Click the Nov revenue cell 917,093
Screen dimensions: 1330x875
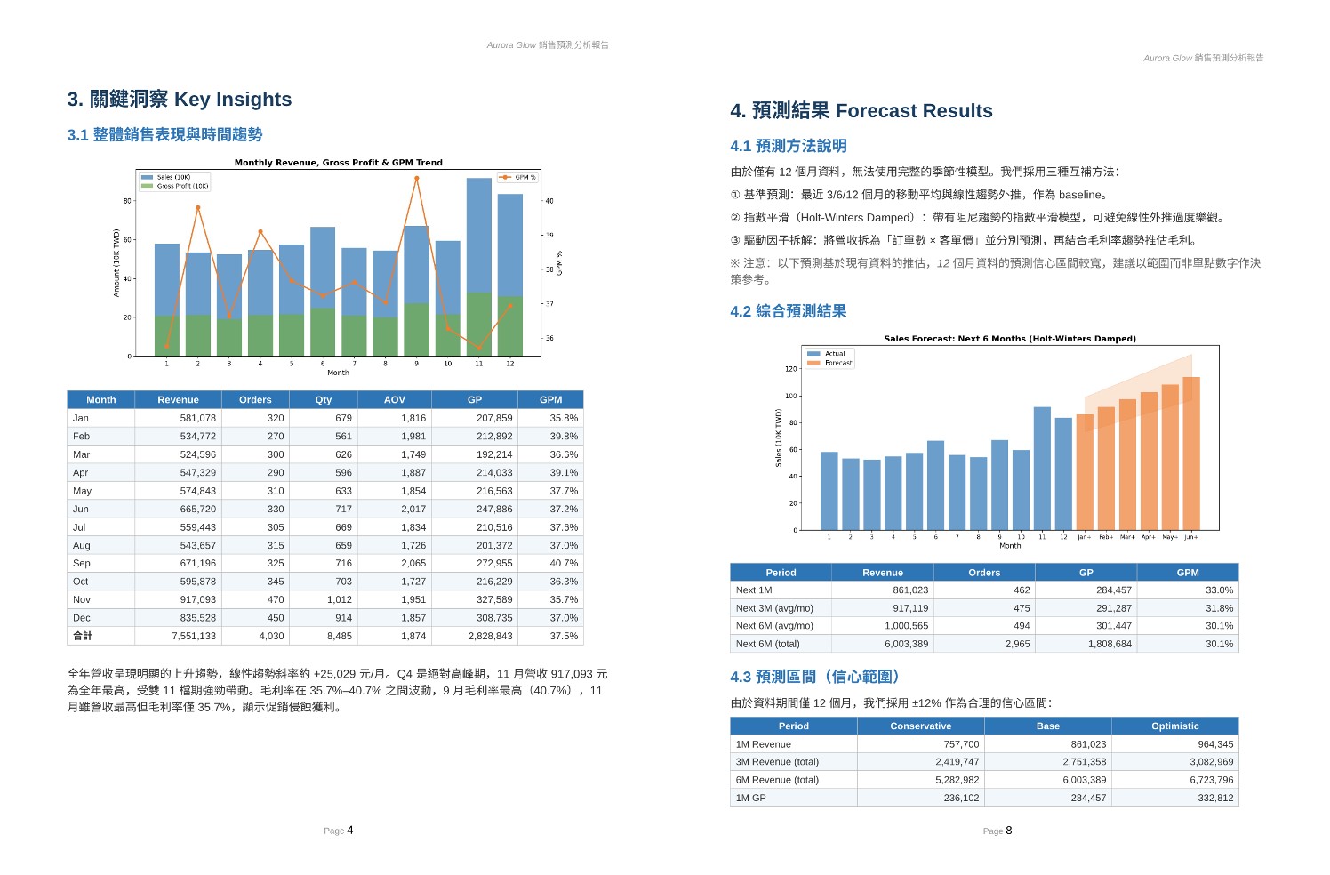click(197, 600)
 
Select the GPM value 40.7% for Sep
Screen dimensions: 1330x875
click(564, 563)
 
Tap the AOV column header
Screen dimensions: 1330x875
click(394, 400)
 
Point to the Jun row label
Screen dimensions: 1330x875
click(81, 509)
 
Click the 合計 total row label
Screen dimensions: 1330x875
click(83, 636)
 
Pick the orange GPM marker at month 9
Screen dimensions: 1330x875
click(417, 178)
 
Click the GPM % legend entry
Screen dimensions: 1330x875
click(517, 177)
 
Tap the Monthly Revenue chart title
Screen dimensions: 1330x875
click(339, 163)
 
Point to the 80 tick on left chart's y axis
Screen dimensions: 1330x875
click(127, 201)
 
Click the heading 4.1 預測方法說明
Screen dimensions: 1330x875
click(789, 146)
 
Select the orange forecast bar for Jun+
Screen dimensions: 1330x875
click(1191, 454)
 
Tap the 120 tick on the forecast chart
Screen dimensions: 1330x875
click(791, 369)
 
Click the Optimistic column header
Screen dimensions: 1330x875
click(1175, 726)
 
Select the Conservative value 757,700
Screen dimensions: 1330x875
click(961, 744)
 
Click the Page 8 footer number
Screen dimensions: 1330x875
click(1009, 831)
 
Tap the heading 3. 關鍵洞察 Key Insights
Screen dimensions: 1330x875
click(180, 100)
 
